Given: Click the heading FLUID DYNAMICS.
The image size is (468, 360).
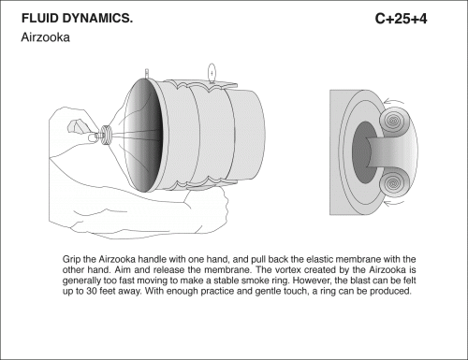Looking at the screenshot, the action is pyautogui.click(x=77, y=19).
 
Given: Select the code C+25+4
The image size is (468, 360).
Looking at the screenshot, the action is pyautogui.click(x=401, y=19).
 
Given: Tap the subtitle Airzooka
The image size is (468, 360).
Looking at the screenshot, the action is pyautogui.click(x=45, y=37).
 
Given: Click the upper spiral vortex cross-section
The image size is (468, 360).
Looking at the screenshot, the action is pyautogui.click(x=393, y=121).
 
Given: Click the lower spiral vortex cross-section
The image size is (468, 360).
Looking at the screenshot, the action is pyautogui.click(x=394, y=184).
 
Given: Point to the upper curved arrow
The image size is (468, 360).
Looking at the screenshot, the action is pyautogui.click(x=393, y=101).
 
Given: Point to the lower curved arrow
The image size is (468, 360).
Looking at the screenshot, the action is pyautogui.click(x=393, y=204).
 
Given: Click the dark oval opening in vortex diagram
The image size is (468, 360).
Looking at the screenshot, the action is pyautogui.click(x=362, y=152).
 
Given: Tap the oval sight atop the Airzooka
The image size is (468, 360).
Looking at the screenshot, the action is pyautogui.click(x=212, y=73).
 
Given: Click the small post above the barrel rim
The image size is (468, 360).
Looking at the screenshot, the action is pyautogui.click(x=147, y=74).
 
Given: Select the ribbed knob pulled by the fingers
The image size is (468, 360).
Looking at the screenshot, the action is pyautogui.click(x=107, y=135).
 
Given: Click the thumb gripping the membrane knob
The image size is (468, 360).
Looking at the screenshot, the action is pyautogui.click(x=94, y=137).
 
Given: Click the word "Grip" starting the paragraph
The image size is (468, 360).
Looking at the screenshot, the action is pyautogui.click(x=71, y=260).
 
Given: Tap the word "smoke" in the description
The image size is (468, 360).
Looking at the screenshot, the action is pyautogui.click(x=256, y=281).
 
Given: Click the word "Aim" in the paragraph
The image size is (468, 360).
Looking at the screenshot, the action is pyautogui.click(x=123, y=270).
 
